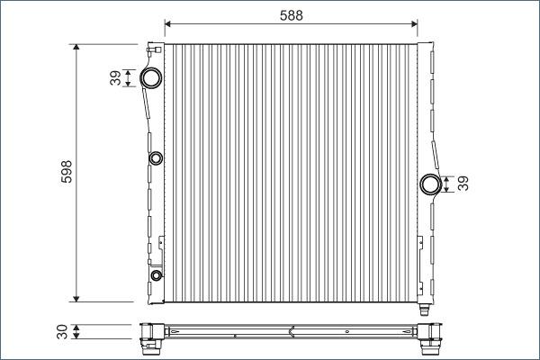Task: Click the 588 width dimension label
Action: [292, 15]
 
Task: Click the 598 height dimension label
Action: [67, 172]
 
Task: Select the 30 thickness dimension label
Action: [62, 332]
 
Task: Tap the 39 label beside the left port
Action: [116, 78]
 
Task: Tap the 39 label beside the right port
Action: [463, 184]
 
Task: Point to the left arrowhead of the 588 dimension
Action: [167, 23]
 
